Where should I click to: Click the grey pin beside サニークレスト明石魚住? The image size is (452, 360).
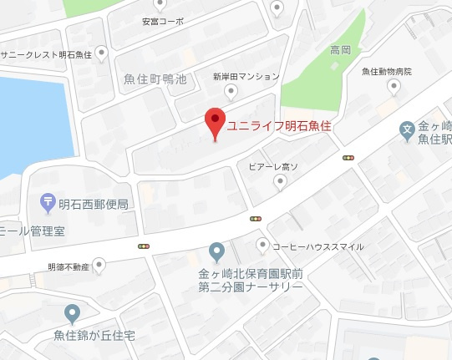point(102,53)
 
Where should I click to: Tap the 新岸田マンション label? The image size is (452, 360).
point(246,76)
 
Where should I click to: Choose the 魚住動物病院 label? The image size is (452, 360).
point(387,72)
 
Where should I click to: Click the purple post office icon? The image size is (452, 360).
point(48,203)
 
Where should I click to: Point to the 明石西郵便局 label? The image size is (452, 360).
point(94,204)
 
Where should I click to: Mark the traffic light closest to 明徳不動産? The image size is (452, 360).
point(144,246)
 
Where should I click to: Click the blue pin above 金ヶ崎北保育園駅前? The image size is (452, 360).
point(216,251)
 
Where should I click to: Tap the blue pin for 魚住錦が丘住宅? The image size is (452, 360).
point(72,313)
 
